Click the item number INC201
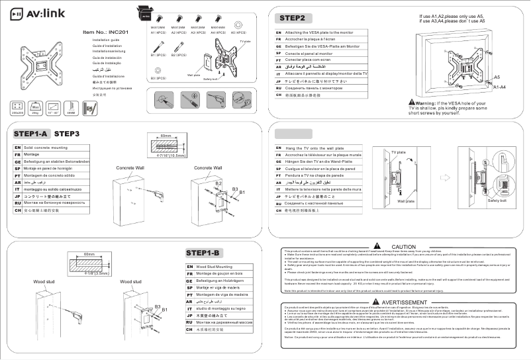(105, 31)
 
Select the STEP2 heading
(293, 17)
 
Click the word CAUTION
(404, 246)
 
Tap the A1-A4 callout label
(499, 87)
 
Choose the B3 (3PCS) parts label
(159, 78)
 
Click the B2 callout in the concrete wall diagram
(218, 181)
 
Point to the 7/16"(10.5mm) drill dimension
(170, 157)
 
